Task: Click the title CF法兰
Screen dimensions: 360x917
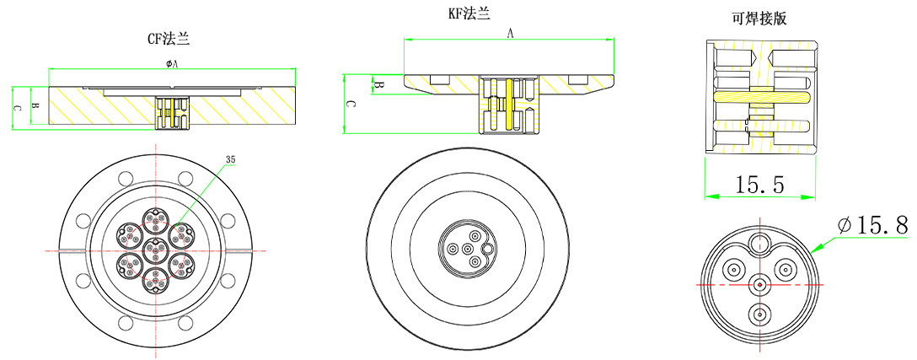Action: pyautogui.click(x=169, y=38)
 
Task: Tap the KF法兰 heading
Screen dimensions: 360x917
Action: pyautogui.click(x=469, y=14)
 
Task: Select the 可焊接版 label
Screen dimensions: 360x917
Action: pyautogui.click(x=760, y=19)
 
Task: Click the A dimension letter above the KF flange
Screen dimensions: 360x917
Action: pyautogui.click(x=510, y=33)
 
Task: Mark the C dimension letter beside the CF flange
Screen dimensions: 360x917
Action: pyautogui.click(x=17, y=108)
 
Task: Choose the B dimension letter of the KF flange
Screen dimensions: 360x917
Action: pyautogui.click(x=379, y=85)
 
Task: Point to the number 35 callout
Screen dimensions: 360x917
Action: pyautogui.click(x=231, y=159)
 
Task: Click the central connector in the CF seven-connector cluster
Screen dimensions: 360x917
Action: pyautogui.click(x=153, y=250)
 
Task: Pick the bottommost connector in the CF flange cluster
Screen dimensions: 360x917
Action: pyautogui.click(x=153, y=280)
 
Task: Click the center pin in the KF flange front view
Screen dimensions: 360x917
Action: pyautogui.click(x=465, y=249)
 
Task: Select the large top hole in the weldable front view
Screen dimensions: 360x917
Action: pyautogui.click(x=760, y=245)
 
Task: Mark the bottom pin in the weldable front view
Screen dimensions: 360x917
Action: pyautogui.click(x=760, y=314)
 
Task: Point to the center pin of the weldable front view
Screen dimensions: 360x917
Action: pyautogui.click(x=760, y=284)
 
